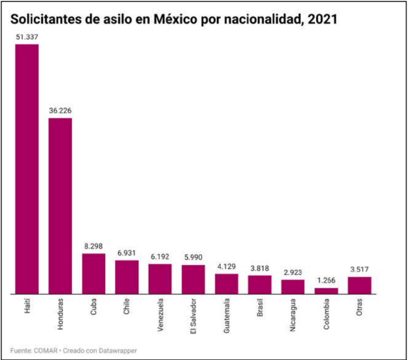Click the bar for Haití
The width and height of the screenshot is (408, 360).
pos(27,169)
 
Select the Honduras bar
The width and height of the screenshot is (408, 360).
pos(60,206)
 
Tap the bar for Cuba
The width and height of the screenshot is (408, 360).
pos(93,274)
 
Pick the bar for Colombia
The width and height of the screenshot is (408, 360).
pos(326,291)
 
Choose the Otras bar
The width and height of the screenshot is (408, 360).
pos(359,285)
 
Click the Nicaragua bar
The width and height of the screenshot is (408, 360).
pos(293,287)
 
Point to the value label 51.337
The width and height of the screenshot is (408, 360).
pos(27,37)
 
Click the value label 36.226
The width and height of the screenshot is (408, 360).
pos(60,111)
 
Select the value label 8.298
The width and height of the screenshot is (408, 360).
pos(93,246)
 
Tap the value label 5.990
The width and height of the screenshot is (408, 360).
pos(193,258)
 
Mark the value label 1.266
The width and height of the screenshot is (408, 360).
pos(326,281)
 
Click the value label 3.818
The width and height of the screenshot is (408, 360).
pos(259,268)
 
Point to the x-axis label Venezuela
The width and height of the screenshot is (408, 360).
pos(160,317)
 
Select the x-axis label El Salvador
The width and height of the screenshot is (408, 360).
pos(193,319)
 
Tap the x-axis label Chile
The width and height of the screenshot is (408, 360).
pos(127,310)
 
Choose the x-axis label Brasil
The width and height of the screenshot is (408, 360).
pos(260,311)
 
